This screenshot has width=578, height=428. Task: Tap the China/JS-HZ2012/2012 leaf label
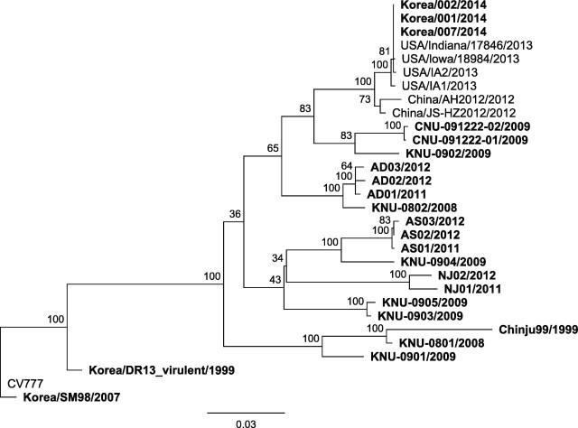pyautogui.click(x=447, y=114)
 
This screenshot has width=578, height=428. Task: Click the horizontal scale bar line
pyautogui.click(x=246, y=411)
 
